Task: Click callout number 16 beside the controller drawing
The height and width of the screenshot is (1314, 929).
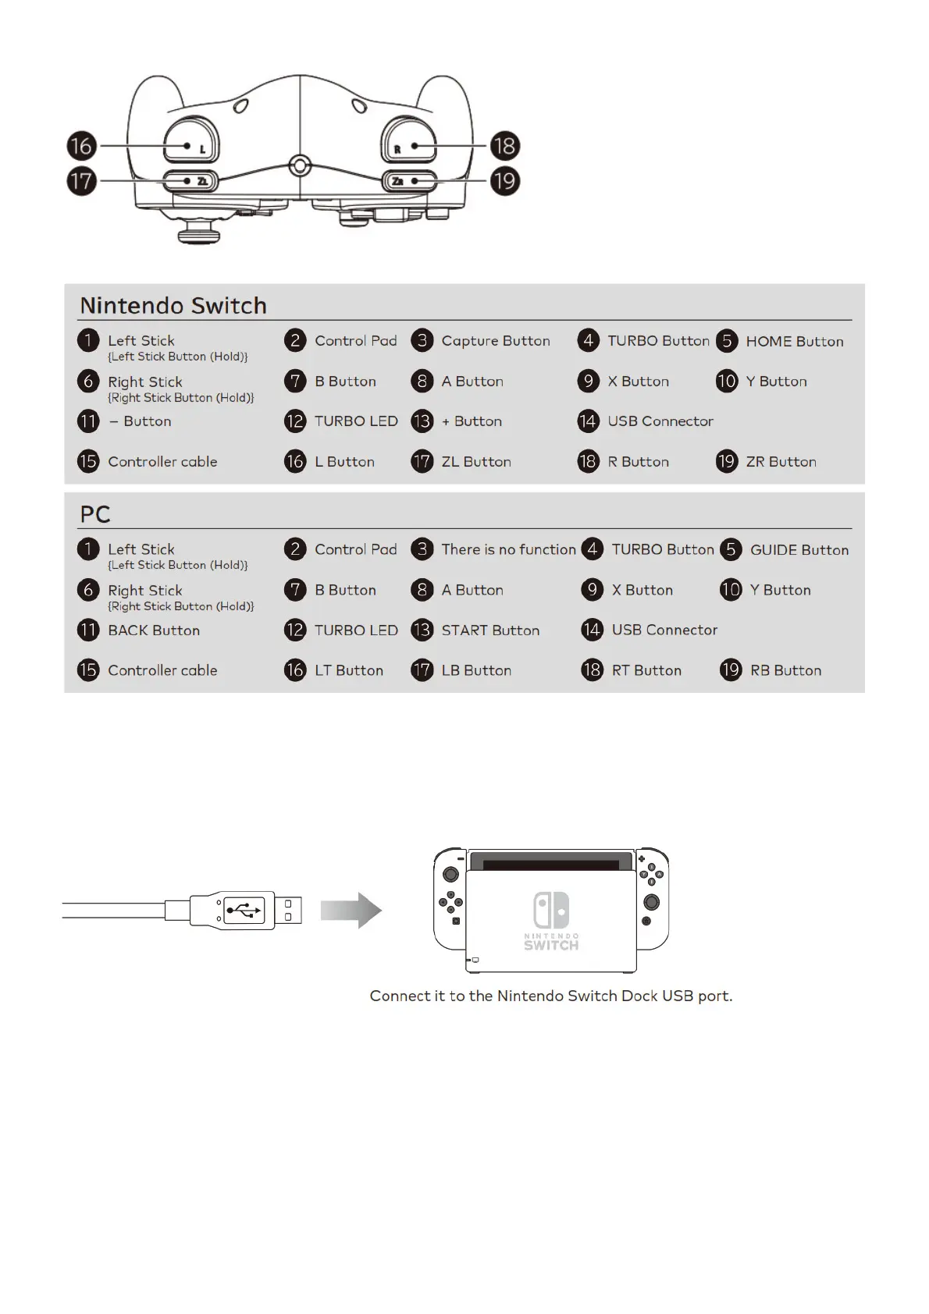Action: pyautogui.click(x=81, y=146)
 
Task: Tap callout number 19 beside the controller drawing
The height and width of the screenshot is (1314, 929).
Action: pyautogui.click(x=504, y=181)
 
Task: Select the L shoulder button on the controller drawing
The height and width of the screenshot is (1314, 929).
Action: pyautogui.click(x=191, y=140)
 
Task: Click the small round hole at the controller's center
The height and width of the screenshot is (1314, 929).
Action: pyautogui.click(x=300, y=165)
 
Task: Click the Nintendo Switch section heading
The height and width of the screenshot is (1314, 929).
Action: pyautogui.click(x=173, y=305)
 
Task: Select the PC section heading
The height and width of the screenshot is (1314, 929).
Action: pyautogui.click(x=95, y=514)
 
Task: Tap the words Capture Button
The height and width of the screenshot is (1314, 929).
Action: pyautogui.click(x=496, y=341)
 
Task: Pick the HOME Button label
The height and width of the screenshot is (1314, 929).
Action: pyautogui.click(x=794, y=341)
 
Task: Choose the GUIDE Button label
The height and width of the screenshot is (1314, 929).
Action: pyautogui.click(x=799, y=549)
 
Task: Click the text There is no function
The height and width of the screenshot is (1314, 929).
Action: pyautogui.click(x=508, y=549)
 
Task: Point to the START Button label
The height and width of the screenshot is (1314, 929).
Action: pyautogui.click(x=490, y=630)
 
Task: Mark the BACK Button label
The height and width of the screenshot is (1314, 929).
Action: pyautogui.click(x=154, y=630)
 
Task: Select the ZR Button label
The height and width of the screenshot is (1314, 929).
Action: pyautogui.click(x=781, y=461)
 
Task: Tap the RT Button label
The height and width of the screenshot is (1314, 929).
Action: pyautogui.click(x=646, y=670)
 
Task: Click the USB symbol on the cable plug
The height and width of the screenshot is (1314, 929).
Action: pyautogui.click(x=244, y=910)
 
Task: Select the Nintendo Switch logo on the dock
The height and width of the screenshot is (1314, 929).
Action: pyautogui.click(x=551, y=919)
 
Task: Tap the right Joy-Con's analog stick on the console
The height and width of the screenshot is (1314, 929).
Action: pyautogui.click(x=651, y=903)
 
